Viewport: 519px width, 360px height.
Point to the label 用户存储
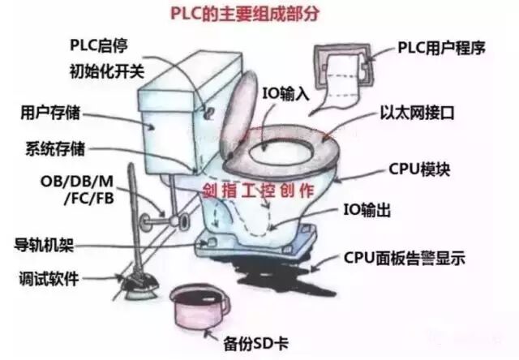[x=50, y=111]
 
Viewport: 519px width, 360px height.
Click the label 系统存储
[x=54, y=149]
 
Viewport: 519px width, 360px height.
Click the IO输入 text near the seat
[x=285, y=91]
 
